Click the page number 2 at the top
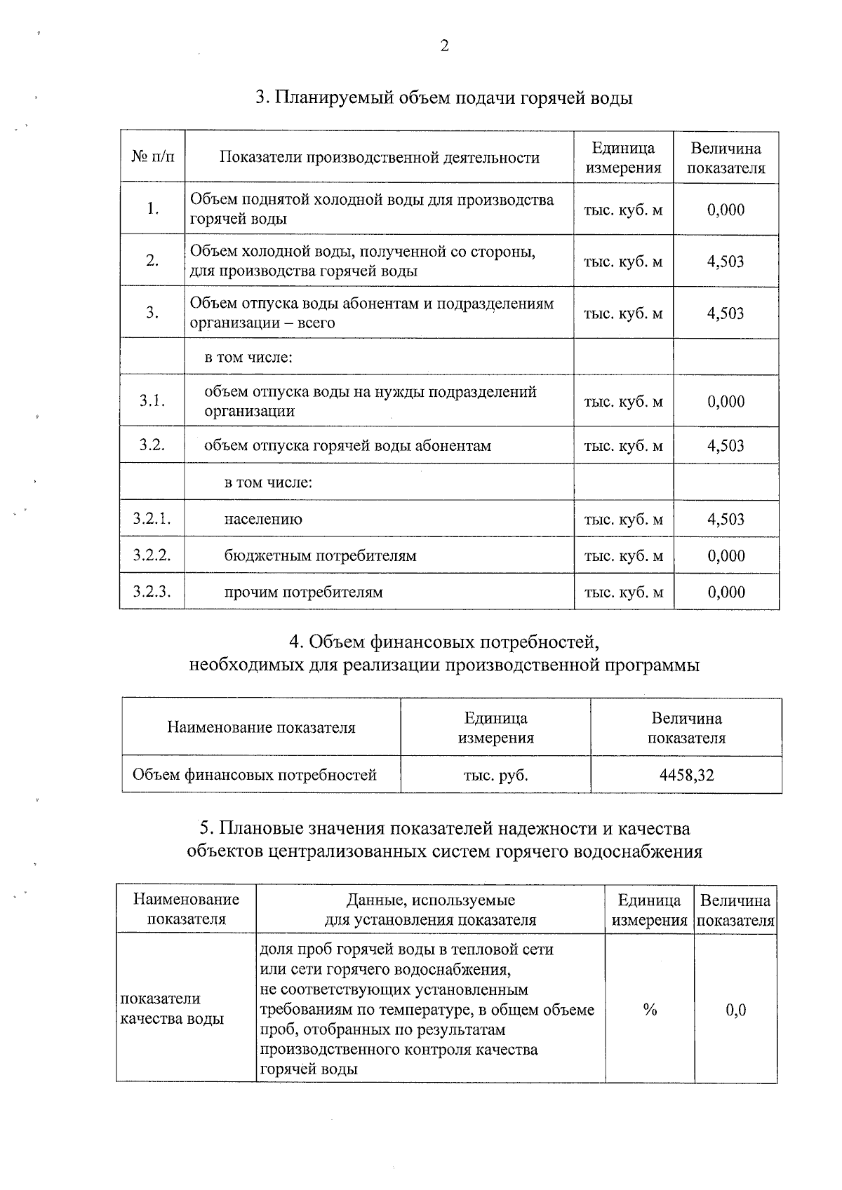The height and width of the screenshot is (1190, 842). (x=444, y=46)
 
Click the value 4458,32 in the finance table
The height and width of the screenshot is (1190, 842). (x=686, y=775)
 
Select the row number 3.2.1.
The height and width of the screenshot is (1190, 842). (x=152, y=519)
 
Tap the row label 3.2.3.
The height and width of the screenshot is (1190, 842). (x=152, y=592)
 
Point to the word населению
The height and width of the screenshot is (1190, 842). (x=263, y=520)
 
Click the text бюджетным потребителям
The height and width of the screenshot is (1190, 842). (x=320, y=556)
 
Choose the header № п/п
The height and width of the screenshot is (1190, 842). (x=152, y=157)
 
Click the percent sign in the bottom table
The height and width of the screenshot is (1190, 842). (x=650, y=1010)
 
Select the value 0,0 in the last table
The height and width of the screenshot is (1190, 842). (x=735, y=1010)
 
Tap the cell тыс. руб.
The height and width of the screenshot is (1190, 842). (x=495, y=775)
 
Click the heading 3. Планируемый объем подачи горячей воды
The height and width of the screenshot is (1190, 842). (x=443, y=97)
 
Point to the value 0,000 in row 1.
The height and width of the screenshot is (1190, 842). (x=726, y=210)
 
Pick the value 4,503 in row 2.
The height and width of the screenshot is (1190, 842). (x=726, y=262)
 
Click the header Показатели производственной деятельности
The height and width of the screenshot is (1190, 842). (x=380, y=157)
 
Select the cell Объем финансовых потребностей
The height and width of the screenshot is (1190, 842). (x=255, y=775)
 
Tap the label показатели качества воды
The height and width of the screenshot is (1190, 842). (x=172, y=1008)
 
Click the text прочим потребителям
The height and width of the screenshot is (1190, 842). (x=303, y=593)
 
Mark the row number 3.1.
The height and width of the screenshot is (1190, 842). (x=152, y=401)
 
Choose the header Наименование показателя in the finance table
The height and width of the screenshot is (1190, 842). (x=261, y=727)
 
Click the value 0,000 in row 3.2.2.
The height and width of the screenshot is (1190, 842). (x=726, y=556)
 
